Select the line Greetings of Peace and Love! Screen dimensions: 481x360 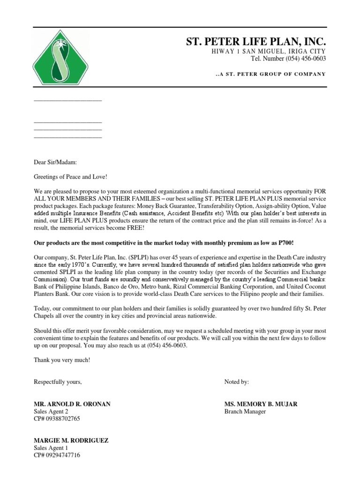pos(71,177)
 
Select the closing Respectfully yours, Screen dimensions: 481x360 pos(58,382)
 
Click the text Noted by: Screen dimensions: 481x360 pos(237,382)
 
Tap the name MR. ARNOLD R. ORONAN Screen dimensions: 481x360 pos(72,404)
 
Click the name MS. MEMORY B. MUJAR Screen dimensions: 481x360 pos(261,404)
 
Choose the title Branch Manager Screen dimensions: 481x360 pos(245,411)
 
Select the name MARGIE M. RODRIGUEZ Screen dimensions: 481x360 pos(71,441)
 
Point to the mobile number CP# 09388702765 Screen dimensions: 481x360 pos(57,419)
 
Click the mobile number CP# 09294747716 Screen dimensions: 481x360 pos(57,456)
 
